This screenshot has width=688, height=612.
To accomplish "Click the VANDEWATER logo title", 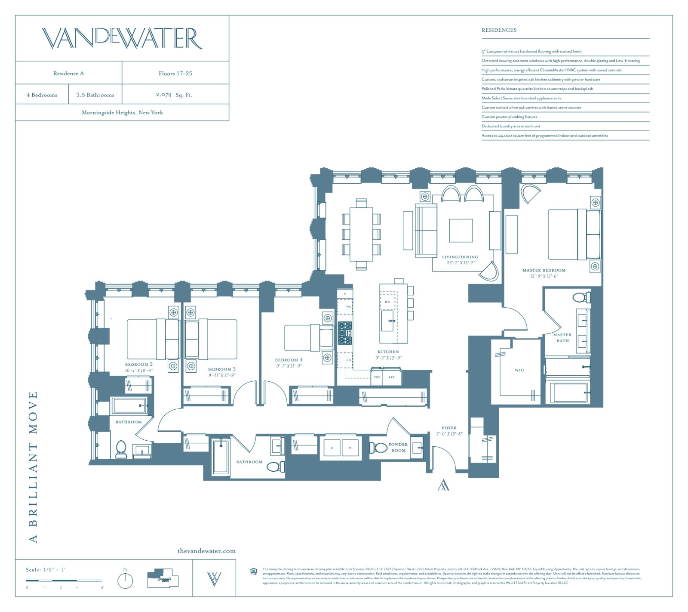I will point(122,38).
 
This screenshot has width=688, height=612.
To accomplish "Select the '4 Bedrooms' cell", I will point(42,95).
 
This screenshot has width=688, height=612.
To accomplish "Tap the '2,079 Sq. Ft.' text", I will point(174,95).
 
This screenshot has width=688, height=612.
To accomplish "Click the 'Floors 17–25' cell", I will point(175,73).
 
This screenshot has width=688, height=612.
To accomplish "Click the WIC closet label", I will point(519,370).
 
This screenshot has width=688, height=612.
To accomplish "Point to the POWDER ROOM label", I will point(398,447).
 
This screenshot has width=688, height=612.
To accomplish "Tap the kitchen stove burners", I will point(345,333).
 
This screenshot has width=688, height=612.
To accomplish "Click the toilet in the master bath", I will point(581,297).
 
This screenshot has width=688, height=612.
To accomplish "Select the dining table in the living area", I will point(361,234).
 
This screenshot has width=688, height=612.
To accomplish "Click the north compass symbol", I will point(125,580).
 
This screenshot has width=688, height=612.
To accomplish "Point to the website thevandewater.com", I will point(206,550).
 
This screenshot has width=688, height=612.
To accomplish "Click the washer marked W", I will point(350,448).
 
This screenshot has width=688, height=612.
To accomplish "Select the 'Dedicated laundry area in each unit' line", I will point(511,126).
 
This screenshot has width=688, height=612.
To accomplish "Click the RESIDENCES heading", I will point(499,30).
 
